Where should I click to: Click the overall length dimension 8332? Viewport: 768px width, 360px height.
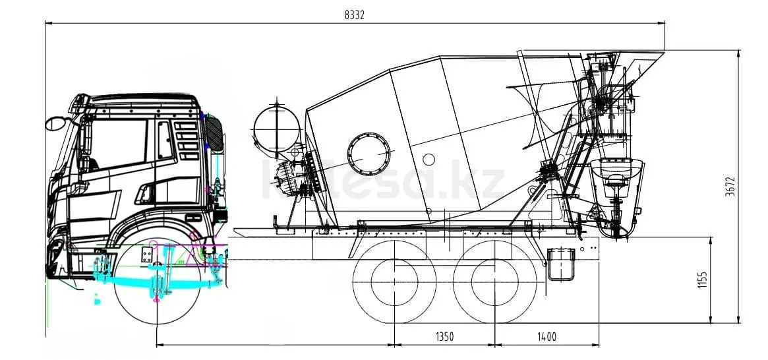355,15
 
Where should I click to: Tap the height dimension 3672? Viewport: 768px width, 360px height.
730,187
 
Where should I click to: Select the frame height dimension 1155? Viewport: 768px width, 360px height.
703,280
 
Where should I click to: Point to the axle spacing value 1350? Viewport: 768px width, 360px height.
445,336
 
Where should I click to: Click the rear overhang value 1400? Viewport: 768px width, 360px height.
546,336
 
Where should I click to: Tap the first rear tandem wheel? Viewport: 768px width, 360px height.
395,282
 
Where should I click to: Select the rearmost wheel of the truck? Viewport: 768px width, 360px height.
494,282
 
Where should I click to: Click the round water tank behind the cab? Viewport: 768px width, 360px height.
277,129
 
